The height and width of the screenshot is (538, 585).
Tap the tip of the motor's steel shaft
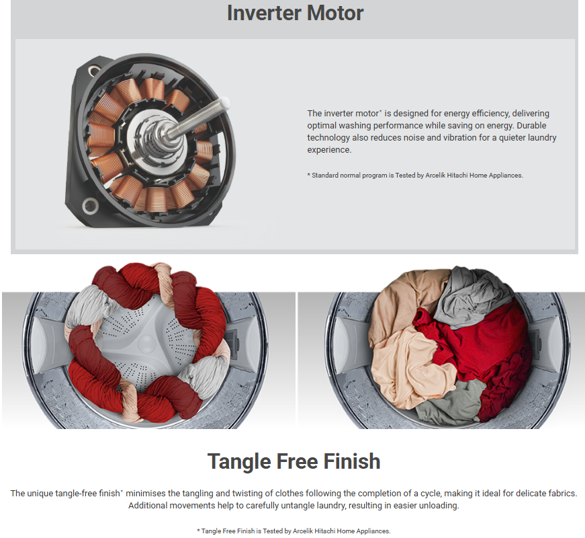click(225, 102)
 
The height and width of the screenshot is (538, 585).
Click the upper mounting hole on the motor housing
click(93, 71)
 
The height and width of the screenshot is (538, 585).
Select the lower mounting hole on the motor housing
click(90, 206)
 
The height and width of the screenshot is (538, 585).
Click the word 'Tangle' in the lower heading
click(239, 462)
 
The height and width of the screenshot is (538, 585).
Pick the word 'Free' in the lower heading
click(297, 461)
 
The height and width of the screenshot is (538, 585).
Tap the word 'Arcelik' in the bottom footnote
click(303, 531)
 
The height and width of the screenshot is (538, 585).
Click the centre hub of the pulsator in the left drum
click(146, 343)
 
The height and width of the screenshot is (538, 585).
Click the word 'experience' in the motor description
click(328, 150)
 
